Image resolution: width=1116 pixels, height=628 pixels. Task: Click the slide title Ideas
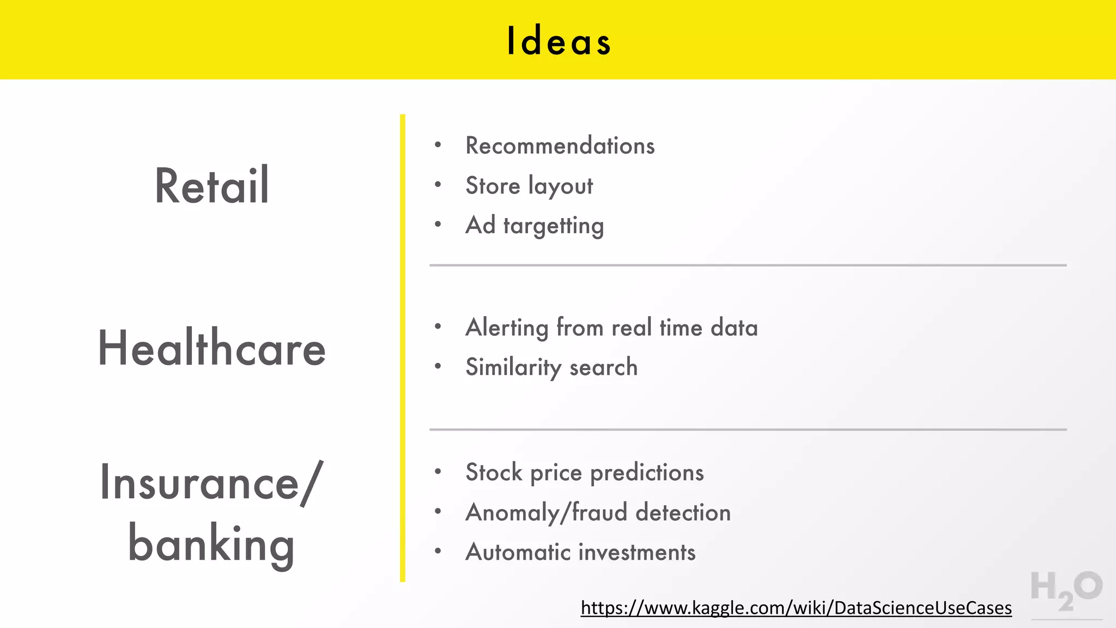click(x=559, y=41)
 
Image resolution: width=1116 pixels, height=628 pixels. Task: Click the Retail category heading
click(x=212, y=186)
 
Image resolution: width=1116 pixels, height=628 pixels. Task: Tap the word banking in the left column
click(x=211, y=544)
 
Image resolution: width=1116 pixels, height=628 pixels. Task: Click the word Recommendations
click(x=560, y=146)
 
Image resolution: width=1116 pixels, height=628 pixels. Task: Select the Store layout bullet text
click(x=529, y=186)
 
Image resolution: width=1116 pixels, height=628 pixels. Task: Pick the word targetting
click(x=553, y=226)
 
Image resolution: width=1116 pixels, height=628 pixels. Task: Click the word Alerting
click(x=507, y=328)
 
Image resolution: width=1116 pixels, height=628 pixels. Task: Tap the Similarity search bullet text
click(x=551, y=367)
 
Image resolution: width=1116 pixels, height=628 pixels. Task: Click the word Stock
click(x=494, y=472)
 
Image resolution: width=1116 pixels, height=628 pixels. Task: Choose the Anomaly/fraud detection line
click(x=598, y=512)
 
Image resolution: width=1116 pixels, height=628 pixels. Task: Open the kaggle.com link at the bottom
click(x=796, y=607)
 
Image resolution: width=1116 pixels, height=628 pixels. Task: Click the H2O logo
click(x=1066, y=591)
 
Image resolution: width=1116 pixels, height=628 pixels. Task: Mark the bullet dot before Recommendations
click(x=438, y=144)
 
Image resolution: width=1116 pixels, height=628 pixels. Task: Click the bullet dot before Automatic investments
click(x=438, y=551)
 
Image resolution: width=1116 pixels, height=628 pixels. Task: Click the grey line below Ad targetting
click(x=748, y=265)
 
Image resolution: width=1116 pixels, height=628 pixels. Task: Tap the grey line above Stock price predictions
click(x=748, y=430)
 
